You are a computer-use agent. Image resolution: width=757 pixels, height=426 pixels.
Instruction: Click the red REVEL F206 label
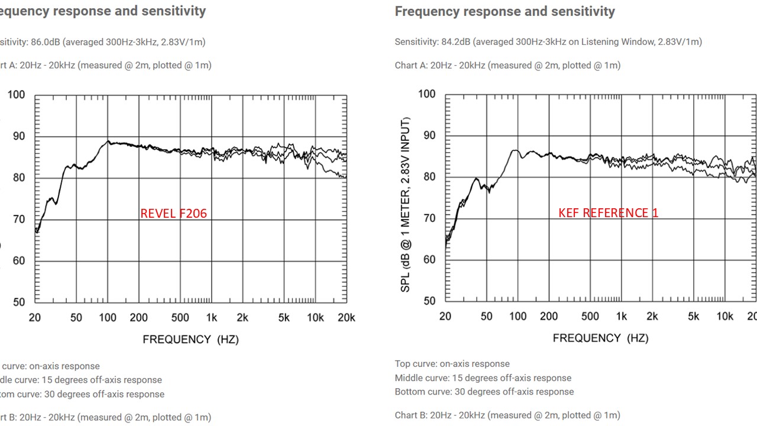[173, 213]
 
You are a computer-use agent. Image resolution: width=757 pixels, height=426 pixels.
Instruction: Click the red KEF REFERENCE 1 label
[608, 213]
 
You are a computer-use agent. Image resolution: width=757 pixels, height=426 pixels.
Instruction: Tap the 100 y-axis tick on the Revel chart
[17, 95]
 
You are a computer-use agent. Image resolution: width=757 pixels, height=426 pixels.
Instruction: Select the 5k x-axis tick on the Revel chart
[284, 318]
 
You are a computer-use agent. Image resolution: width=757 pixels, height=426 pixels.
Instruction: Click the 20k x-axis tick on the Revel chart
[345, 318]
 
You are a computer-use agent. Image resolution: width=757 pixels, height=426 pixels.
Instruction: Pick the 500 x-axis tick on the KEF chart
[590, 317]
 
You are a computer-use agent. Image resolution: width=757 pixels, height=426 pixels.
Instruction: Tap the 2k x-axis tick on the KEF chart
[652, 317]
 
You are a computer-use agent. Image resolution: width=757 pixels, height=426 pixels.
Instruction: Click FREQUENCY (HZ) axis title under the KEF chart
[600, 338]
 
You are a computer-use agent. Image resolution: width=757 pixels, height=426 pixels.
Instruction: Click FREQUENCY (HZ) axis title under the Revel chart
[190, 339]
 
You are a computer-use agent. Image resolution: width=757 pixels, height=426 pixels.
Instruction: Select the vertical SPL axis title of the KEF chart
[406, 204]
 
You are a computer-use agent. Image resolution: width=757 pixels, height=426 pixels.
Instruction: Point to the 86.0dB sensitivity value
[46, 42]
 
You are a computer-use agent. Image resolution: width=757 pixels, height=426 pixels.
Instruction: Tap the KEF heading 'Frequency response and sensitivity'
[504, 11]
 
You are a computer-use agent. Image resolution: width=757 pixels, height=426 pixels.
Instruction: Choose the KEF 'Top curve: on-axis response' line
[452, 364]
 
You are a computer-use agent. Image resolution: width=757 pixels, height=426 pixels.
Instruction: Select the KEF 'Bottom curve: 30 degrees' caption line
[484, 392]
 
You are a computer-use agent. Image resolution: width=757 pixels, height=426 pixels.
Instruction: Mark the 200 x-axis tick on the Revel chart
[138, 318]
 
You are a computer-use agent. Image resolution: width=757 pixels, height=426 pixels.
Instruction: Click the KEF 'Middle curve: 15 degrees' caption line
[483, 378]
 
